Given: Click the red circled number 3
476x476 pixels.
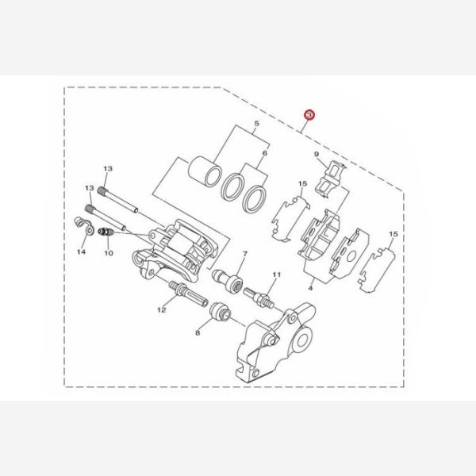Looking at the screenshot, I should tap(310, 116).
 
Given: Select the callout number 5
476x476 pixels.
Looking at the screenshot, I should tap(256, 124).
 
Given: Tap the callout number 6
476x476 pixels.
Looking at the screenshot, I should tap(266, 152).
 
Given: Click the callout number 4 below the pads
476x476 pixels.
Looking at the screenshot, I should tap(311, 290).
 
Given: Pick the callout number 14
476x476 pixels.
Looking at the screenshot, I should tap(81, 251).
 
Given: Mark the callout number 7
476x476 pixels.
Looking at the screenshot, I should tap(245, 254).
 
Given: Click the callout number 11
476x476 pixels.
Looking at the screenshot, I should tap(276, 274).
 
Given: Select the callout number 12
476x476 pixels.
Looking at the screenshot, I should tap(161, 310).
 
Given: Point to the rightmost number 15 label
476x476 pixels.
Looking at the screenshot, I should tap(393, 235).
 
